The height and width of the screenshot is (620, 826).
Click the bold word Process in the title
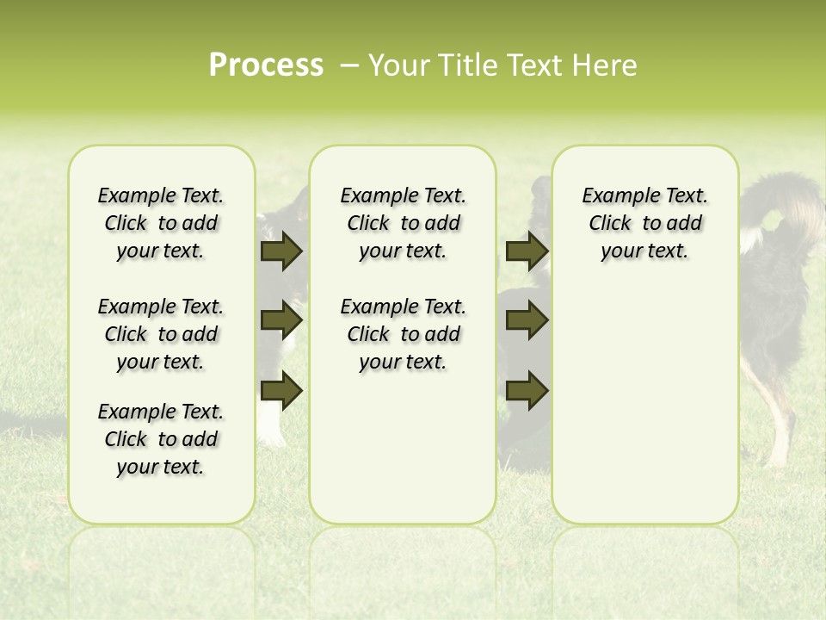[x=266, y=65]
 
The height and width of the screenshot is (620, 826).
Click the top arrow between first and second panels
[x=281, y=251]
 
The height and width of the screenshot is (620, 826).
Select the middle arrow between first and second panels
[x=281, y=321]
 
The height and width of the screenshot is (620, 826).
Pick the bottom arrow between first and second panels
[x=281, y=391]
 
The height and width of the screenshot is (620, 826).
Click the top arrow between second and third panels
[x=527, y=251]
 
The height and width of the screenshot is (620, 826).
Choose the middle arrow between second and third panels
[x=527, y=321]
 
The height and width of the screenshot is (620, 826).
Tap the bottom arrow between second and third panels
[x=527, y=391]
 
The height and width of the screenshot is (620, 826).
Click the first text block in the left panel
[x=161, y=224]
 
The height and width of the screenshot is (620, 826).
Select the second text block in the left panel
[x=161, y=334]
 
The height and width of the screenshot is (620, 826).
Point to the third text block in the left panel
[x=161, y=439]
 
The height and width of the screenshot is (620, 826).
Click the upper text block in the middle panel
[x=403, y=224]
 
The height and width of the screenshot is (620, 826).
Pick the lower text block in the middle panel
[x=403, y=334]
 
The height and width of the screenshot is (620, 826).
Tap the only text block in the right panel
[x=644, y=224]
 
